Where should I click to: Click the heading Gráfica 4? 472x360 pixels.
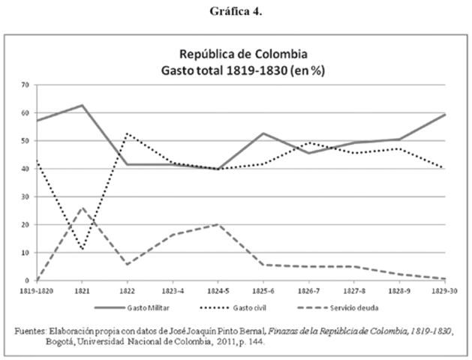[x=236, y=10]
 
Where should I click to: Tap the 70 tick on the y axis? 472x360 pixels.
[x=24, y=85]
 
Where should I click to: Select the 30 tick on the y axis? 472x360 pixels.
[x=24, y=196]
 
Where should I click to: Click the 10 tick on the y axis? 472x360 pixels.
[x=24, y=253]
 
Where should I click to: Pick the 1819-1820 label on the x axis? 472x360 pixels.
[x=35, y=289]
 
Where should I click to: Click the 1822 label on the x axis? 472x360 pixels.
[x=126, y=289]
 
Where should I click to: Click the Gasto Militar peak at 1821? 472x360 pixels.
[x=80, y=105]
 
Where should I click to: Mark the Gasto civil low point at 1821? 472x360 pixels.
[x=80, y=250]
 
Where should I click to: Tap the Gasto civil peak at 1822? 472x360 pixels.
[x=126, y=133]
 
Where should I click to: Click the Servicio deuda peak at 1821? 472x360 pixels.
[x=80, y=208]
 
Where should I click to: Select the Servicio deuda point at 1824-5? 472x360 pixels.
[x=218, y=224]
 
